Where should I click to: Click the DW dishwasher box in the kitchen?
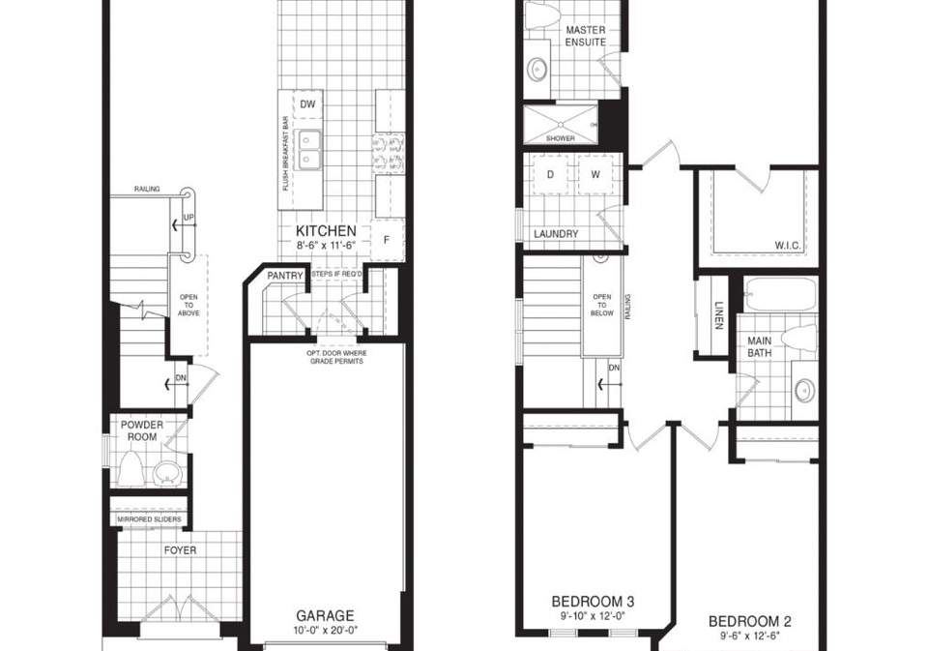point(307,104)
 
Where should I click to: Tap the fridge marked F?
point(387,240)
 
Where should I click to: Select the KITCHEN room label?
point(326,231)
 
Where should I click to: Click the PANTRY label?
point(284,276)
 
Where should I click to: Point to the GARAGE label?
point(325,616)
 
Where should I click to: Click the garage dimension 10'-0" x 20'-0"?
point(326,631)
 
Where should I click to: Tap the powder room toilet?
point(129,468)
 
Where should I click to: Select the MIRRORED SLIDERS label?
point(149,519)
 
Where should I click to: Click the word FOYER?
point(181,550)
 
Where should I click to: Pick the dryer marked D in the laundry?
point(550,174)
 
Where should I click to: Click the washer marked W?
point(595,174)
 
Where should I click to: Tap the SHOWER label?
point(561,138)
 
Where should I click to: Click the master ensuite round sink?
point(537,70)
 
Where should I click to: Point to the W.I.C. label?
point(787,246)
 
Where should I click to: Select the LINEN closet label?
point(719,315)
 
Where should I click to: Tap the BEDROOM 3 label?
point(593,602)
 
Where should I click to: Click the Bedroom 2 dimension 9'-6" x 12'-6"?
point(750,636)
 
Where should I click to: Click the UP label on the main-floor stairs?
point(188,218)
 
